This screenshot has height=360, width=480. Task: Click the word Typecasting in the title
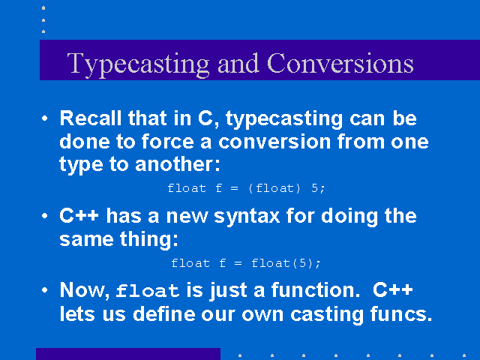pyautogui.click(x=138, y=65)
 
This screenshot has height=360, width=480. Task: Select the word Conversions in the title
pyautogui.click(x=340, y=63)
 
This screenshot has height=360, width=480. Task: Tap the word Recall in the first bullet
pyautogui.click(x=90, y=118)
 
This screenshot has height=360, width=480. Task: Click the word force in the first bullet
pyautogui.click(x=167, y=141)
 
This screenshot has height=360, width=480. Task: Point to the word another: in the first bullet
pyautogui.click(x=177, y=163)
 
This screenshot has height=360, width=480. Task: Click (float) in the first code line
pyautogui.click(x=274, y=188)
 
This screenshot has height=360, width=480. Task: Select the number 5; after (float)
pyautogui.click(x=318, y=188)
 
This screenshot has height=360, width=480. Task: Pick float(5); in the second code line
pyautogui.click(x=286, y=263)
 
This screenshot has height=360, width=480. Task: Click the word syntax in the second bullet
pyautogui.click(x=247, y=217)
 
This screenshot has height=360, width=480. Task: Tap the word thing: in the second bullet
pyautogui.click(x=148, y=238)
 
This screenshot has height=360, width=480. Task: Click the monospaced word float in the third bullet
pyautogui.click(x=148, y=290)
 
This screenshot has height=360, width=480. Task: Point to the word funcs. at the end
pyautogui.click(x=401, y=313)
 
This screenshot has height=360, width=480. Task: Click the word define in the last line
pyautogui.click(x=163, y=313)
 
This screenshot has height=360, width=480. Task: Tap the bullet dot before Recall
pyautogui.click(x=45, y=118)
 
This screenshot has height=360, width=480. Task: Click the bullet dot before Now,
pyautogui.click(x=45, y=290)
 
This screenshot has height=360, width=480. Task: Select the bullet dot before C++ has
pyautogui.click(x=45, y=216)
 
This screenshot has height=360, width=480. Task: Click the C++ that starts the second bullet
pyautogui.click(x=79, y=215)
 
